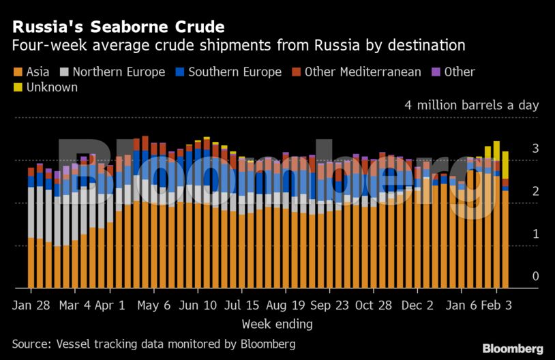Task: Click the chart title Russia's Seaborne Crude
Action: tap(118, 27)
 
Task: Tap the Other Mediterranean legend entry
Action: tap(362, 72)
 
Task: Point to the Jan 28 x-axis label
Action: tap(31, 305)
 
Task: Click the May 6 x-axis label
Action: tap(153, 305)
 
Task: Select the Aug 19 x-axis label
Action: tap(285, 305)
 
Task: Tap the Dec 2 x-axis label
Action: tap(416, 305)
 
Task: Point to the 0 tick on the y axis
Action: tap(535, 276)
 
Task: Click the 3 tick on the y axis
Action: tap(535, 148)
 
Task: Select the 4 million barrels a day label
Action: tap(471, 105)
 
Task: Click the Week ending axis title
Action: tap(277, 323)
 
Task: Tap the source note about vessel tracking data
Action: tap(153, 344)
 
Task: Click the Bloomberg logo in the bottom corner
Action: tap(513, 348)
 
